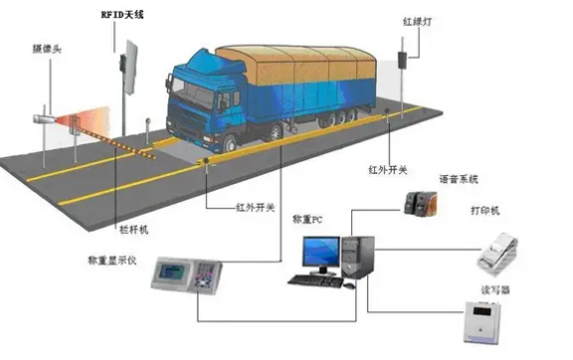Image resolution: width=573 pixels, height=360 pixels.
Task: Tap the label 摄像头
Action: coord(47,47)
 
